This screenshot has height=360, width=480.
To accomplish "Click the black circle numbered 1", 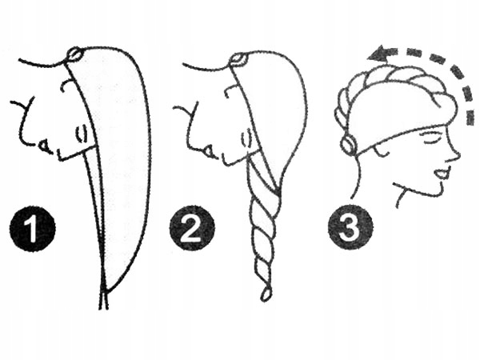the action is pyautogui.click(x=33, y=229).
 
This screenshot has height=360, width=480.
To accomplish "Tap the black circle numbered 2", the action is pyautogui.click(x=192, y=228).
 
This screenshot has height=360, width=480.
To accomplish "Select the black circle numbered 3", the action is pyautogui.click(x=350, y=227).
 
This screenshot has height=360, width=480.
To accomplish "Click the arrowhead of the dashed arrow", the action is pyautogui.click(x=378, y=54).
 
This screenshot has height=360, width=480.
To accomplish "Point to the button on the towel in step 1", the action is pyautogui.click(x=74, y=54).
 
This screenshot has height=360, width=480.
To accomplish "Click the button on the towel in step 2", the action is pyautogui.click(x=239, y=59).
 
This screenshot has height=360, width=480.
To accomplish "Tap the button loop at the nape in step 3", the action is pyautogui.click(x=349, y=144).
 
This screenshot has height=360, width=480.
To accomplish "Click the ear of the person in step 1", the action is pyautogui.click(x=81, y=134).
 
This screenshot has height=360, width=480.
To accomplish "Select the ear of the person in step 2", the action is pyautogui.click(x=246, y=138).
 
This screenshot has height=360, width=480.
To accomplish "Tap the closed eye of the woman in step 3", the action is pyautogui.click(x=428, y=137).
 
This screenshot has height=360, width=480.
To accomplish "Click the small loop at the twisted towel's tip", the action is pyautogui.click(x=266, y=294).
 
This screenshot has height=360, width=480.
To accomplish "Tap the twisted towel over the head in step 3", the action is pyautogui.click(x=395, y=86).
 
